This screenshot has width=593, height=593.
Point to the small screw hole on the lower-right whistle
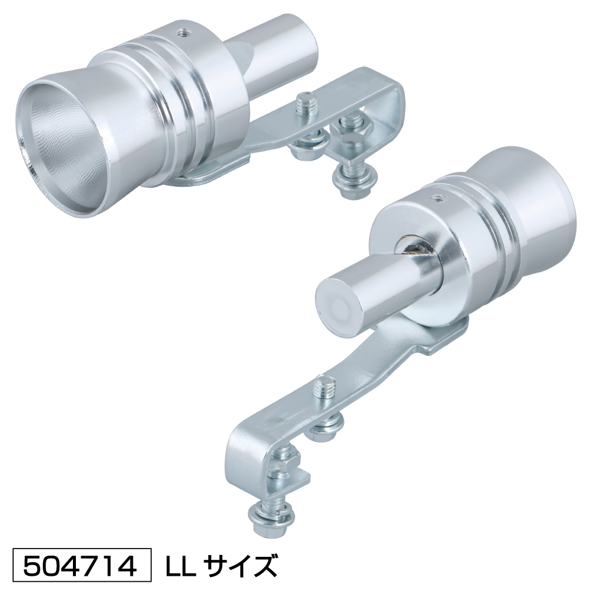(439, 197)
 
